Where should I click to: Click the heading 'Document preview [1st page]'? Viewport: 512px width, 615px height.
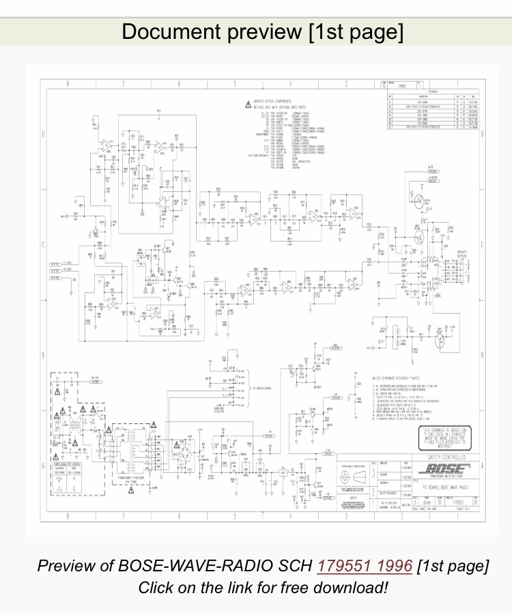click(x=262, y=31)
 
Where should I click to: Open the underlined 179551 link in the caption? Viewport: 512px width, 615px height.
click(x=365, y=566)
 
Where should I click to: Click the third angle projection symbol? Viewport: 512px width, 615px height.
click(x=358, y=475)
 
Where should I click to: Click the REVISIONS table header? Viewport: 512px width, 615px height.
click(x=432, y=90)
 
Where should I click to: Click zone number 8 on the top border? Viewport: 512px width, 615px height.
click(x=68, y=84)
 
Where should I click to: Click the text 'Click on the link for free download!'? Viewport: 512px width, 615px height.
click(x=262, y=587)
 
